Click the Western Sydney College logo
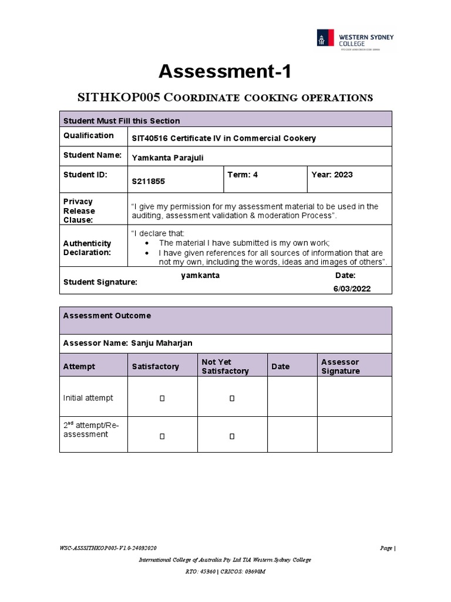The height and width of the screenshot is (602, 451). [355, 39]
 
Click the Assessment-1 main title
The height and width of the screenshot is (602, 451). [225, 72]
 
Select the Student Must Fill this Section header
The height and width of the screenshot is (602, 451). [122, 121]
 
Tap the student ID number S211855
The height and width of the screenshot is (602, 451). [149, 182]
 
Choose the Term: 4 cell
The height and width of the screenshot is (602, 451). [243, 175]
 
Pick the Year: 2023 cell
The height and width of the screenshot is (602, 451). [332, 175]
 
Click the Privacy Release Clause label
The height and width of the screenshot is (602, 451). [79, 210]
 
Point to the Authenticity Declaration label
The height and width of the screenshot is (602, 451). [87, 248]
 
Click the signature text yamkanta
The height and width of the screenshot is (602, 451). [200, 276]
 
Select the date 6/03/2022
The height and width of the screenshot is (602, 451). [352, 289]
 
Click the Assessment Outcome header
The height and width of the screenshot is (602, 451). [107, 316]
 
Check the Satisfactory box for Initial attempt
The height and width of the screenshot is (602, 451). [162, 399]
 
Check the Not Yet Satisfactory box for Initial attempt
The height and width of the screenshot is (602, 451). [232, 399]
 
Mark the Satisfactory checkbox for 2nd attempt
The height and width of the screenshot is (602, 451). [162, 436]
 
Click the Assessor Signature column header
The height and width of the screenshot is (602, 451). [341, 366]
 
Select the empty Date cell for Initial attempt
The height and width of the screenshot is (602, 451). [292, 397]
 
